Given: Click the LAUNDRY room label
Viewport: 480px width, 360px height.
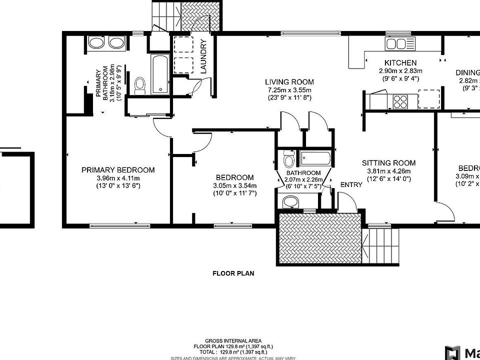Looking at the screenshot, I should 203,56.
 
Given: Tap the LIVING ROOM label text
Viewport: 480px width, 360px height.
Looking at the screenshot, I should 289,82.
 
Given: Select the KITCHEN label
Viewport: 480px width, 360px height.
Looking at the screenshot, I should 400,63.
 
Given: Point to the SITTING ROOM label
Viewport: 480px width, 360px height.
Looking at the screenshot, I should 388,163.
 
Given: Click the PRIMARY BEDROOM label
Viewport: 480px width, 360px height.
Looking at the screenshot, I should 118,170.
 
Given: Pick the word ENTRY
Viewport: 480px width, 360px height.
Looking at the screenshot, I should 351,185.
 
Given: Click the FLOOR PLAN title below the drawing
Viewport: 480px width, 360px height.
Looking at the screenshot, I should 233,273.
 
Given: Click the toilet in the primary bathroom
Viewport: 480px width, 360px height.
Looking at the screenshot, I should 139,85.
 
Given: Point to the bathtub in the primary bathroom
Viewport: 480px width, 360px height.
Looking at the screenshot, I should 160,75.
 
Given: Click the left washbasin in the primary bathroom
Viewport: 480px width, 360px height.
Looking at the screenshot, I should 96,43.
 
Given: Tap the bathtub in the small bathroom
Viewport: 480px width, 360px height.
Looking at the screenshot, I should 314,158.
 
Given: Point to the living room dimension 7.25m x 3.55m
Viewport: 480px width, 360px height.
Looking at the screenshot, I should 289,90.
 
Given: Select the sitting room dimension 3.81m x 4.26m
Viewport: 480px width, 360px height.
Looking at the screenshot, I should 388,171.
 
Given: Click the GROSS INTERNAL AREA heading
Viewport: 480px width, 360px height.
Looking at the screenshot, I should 233,340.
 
